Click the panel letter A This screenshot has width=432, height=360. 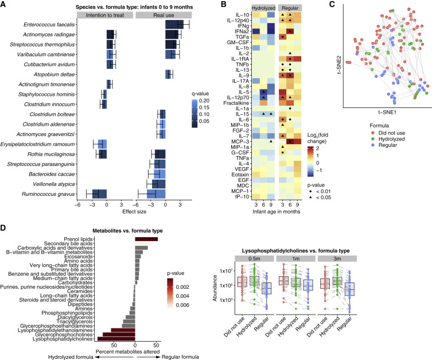click(5, 4)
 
